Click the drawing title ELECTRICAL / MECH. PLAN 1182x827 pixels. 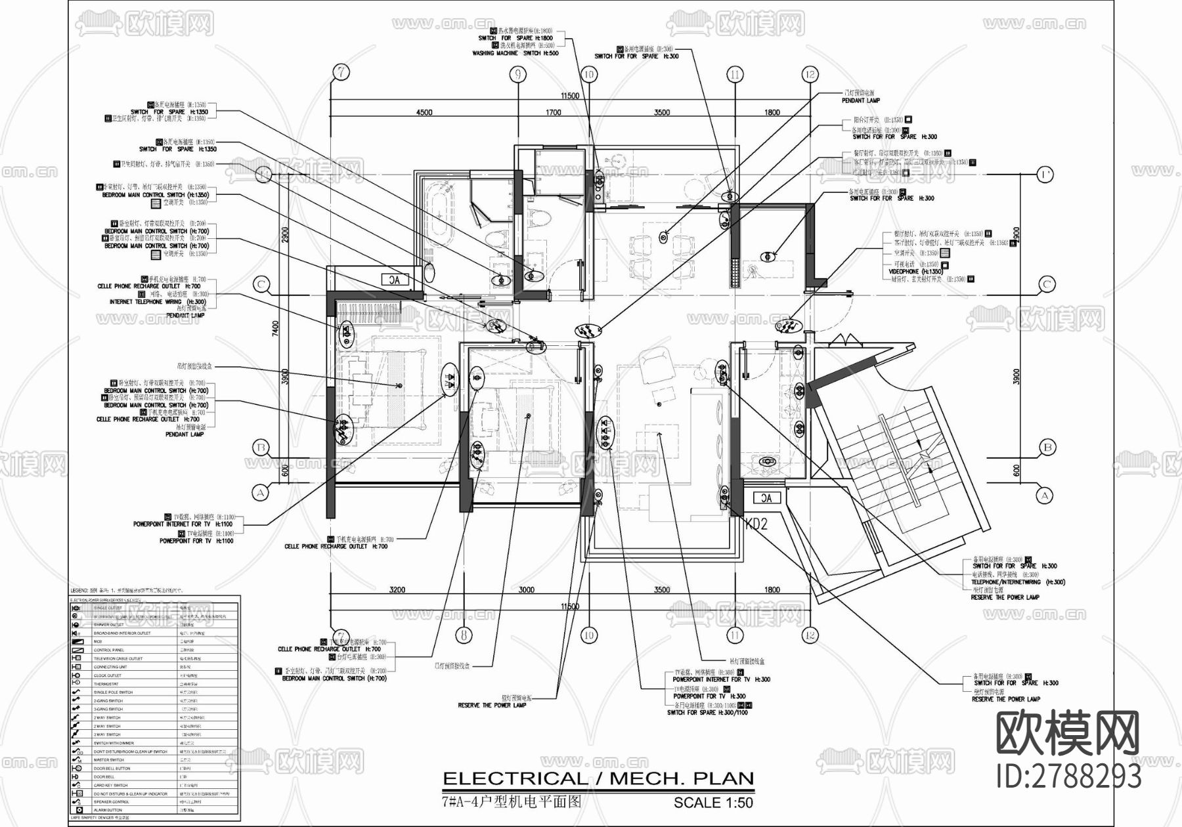coord(598,779)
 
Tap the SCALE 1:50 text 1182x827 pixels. coord(713,803)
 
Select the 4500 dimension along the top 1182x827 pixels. coord(424,112)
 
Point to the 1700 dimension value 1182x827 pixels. coord(554,112)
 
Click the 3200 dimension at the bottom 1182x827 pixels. coord(397,590)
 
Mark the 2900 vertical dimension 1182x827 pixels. coord(284,234)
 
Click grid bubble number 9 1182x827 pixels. coord(517,74)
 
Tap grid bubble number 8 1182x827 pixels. coord(464,635)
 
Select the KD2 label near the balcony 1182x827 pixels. coord(756,524)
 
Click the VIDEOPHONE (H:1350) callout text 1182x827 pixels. coord(915,271)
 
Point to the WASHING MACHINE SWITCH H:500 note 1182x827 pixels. coord(515,53)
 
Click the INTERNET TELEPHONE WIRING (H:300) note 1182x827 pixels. coord(159,302)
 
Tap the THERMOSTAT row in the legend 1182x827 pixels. coord(108,684)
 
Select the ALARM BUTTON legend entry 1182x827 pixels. coord(108,811)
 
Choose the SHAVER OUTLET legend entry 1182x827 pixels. coord(108,625)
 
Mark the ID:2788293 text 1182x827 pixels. coord(1068,776)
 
